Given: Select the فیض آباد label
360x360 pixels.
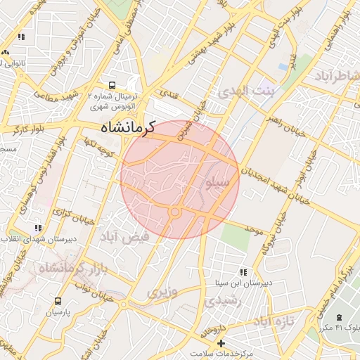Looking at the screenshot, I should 127,237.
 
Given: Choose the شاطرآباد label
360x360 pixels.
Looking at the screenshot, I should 337,75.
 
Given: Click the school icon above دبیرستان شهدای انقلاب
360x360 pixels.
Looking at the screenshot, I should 37,228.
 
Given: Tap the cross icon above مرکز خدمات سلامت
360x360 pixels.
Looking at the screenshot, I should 221,343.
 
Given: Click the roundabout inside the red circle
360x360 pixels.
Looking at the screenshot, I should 175,212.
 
